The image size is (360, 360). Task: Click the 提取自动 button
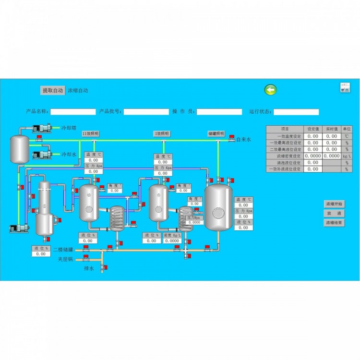(52, 90)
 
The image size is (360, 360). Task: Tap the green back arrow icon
(271, 90)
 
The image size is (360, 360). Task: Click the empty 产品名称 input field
(73, 112)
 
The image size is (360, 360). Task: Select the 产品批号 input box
(146, 112)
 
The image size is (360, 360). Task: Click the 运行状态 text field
(296, 112)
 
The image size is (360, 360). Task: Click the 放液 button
(334, 213)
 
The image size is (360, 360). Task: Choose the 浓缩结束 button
(334, 223)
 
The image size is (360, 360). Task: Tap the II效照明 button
(90, 134)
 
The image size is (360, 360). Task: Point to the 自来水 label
(243, 140)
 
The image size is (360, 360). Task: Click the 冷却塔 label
(69, 129)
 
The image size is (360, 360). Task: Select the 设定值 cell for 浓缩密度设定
(313, 156)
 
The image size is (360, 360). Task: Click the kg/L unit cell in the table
(347, 156)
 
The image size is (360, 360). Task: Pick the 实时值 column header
(332, 129)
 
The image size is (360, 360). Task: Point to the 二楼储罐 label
(63, 250)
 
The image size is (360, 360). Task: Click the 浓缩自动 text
(78, 90)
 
